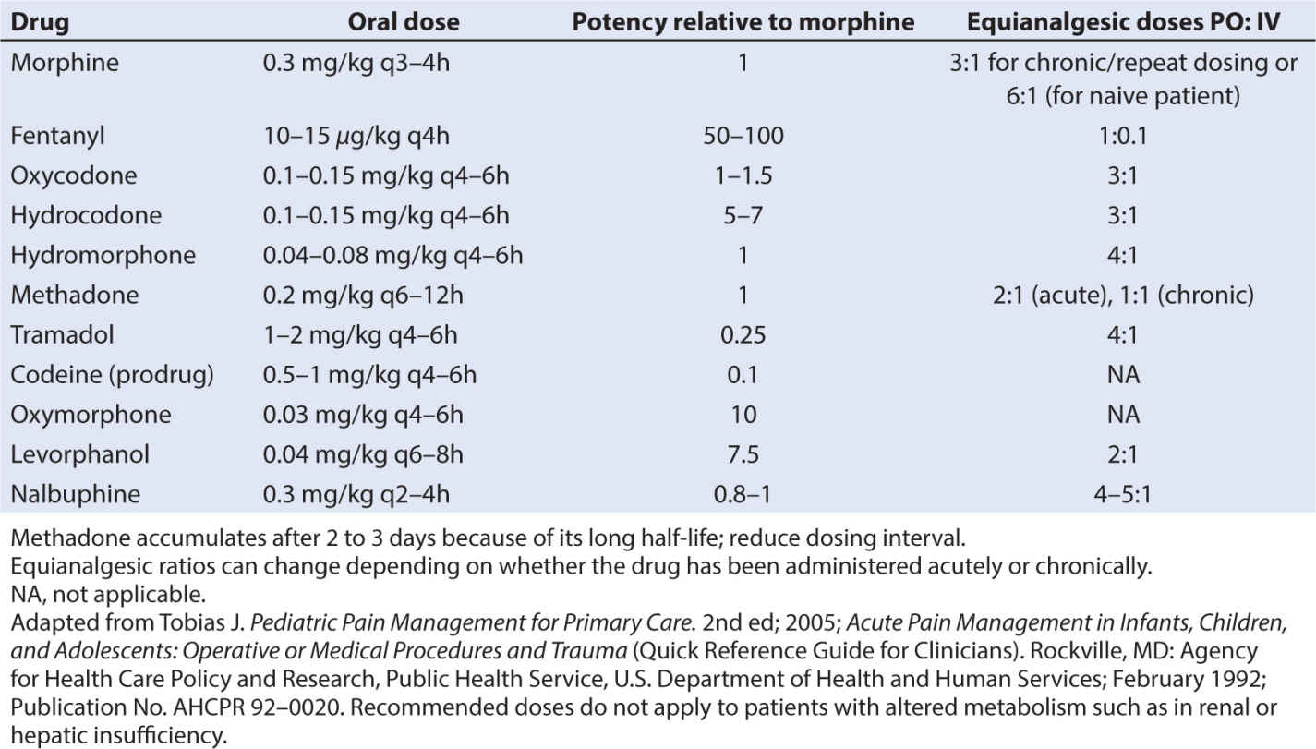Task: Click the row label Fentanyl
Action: tap(57, 137)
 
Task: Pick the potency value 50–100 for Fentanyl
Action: tap(743, 137)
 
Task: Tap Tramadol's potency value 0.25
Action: tap(743, 335)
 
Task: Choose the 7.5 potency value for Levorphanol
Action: tap(743, 454)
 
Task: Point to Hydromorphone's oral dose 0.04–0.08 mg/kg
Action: tap(392, 256)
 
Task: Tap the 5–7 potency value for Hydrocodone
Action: tap(743, 216)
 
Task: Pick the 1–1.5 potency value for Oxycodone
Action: tap(743, 176)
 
